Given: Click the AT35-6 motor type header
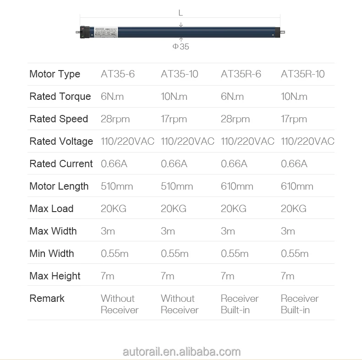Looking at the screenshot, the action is pos(118,74).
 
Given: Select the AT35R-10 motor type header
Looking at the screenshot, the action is pos(302,74).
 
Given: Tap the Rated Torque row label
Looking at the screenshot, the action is pos(60,97).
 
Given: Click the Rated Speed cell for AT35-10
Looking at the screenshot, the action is pos(174,119).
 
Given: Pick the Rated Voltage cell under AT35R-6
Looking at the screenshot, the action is pos(247,142).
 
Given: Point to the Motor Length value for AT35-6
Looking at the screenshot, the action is pos(117,186).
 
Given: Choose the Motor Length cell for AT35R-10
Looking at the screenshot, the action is pos(297,186).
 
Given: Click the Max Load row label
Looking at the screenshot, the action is pos(51,209).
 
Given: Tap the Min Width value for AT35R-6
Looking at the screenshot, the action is pos(235,254).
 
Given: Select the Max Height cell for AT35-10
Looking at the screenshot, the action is pos(167,276).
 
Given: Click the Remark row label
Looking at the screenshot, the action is pos(47,299).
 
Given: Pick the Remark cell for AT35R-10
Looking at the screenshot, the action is pos(300,304).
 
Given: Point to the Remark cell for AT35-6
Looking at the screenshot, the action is pos(119,304).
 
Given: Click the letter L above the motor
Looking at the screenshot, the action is pos(181,13).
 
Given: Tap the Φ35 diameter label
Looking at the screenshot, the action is pos(181,46).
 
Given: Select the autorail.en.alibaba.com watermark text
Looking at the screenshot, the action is pos(181,352).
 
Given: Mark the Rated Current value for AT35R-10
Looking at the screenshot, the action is pos(294,164).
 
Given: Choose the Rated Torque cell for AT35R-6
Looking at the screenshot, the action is pos(232,97).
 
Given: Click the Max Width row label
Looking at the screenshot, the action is pos(53,231).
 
